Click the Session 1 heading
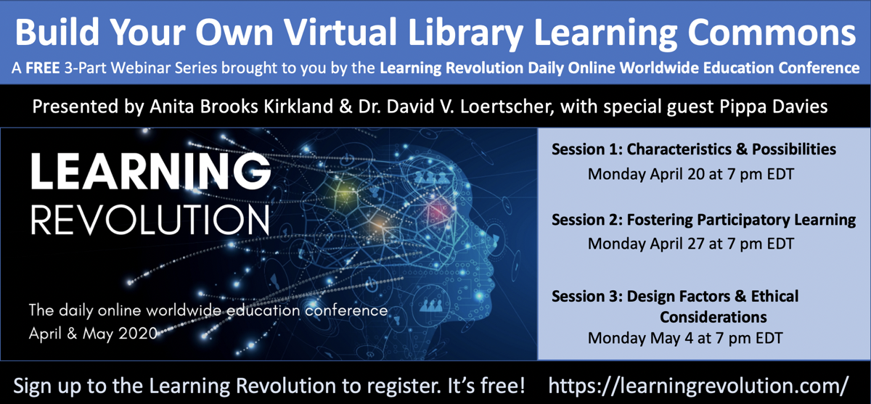coord(693,150)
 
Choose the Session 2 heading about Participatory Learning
coord(703,220)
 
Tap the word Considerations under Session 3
coord(713,317)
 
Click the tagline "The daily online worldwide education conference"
coord(208,311)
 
